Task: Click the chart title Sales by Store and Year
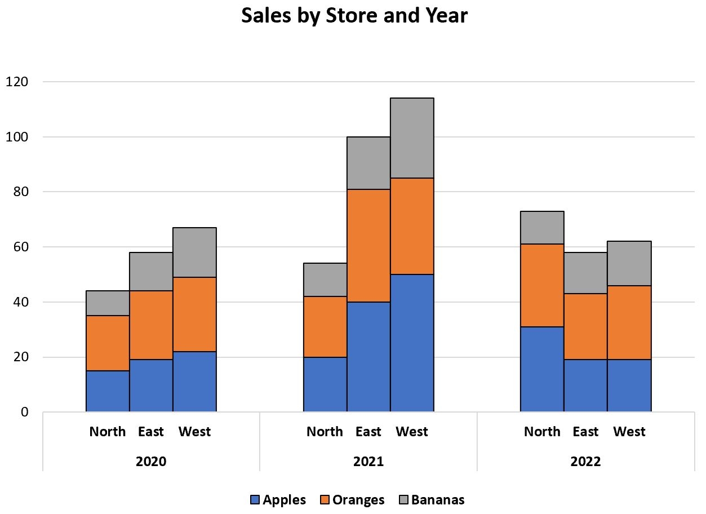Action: pyautogui.click(x=354, y=16)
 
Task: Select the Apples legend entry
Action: pyautogui.click(x=278, y=499)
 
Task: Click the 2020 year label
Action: pyautogui.click(x=151, y=462)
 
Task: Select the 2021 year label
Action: pyautogui.click(x=368, y=462)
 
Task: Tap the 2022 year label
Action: pyautogui.click(x=585, y=462)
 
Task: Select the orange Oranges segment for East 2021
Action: pyautogui.click(x=368, y=247)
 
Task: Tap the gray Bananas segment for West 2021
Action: pyautogui.click(x=412, y=138)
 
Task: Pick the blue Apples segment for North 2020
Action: pyautogui.click(x=108, y=391)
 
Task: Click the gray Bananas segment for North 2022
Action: pyautogui.click(x=542, y=228)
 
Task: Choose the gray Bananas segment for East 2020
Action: pyautogui.click(x=151, y=272)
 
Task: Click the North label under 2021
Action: pyautogui.click(x=325, y=432)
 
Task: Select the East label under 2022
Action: pyautogui.click(x=585, y=432)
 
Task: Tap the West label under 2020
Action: pyautogui.click(x=194, y=432)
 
